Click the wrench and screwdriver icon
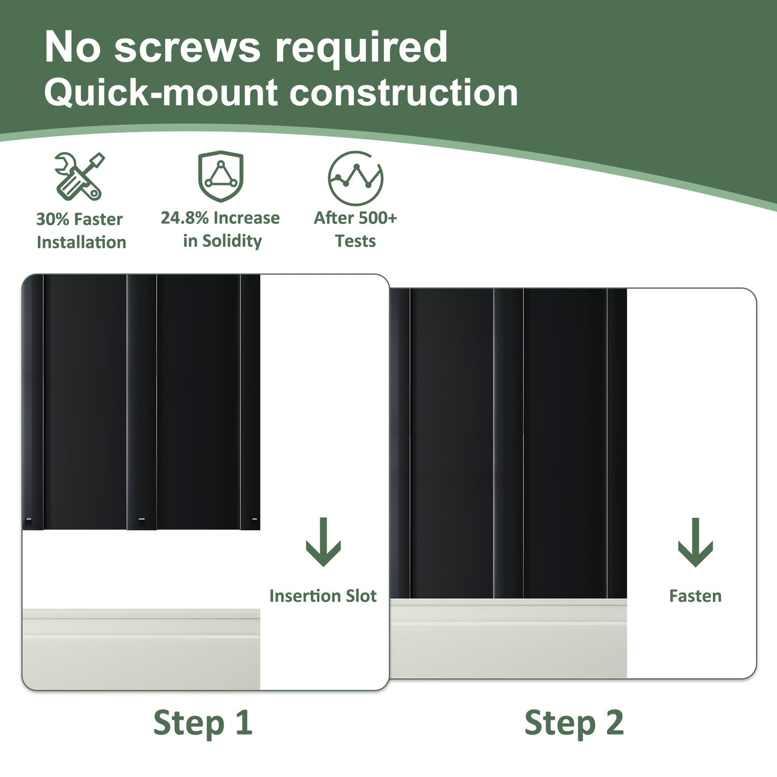click(80, 176)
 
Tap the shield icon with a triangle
click(220, 176)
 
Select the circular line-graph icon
click(355, 178)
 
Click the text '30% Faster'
click(80, 219)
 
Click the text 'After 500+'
click(355, 218)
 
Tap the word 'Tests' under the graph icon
click(355, 241)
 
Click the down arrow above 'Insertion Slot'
click(323, 542)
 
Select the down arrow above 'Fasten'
click(695, 543)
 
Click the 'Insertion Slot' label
click(323, 596)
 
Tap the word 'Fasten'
click(695, 596)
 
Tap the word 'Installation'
click(81, 243)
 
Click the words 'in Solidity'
click(223, 241)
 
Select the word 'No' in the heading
click(72, 47)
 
